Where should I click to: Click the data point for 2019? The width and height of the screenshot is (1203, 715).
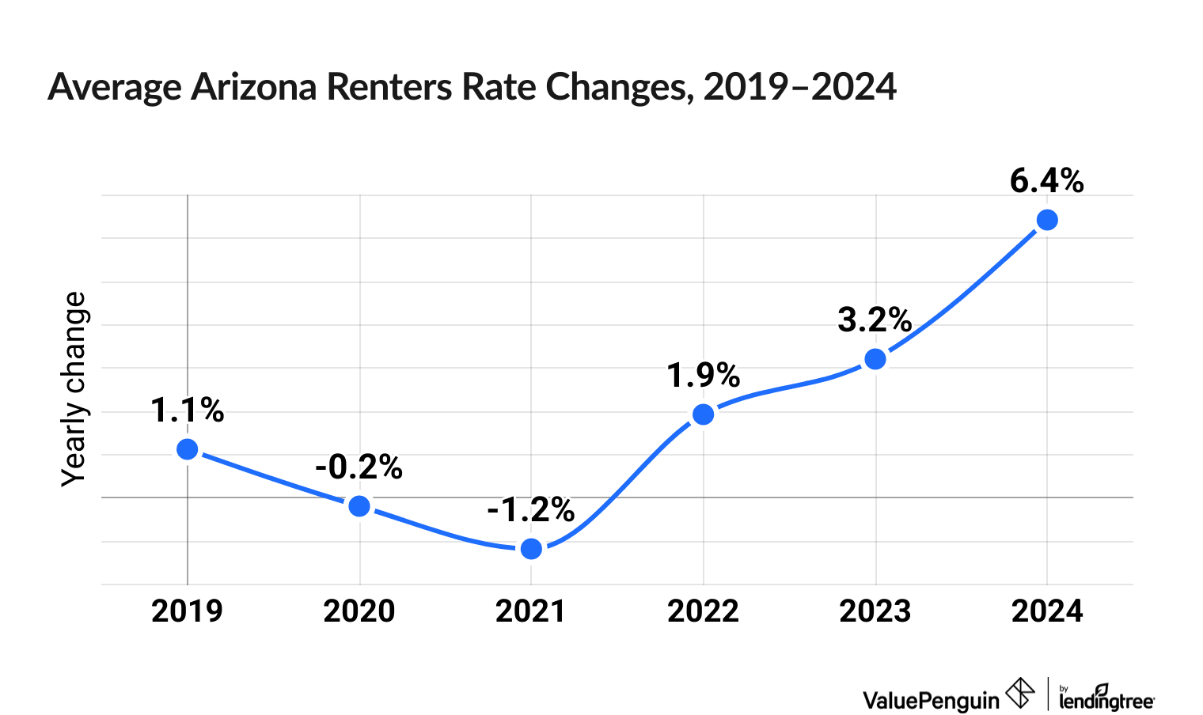[x=188, y=449]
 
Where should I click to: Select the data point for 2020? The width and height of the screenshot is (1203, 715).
[x=359, y=506]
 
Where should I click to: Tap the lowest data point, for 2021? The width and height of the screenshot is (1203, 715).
[x=531, y=549]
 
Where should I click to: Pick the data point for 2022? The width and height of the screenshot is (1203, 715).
[x=703, y=414]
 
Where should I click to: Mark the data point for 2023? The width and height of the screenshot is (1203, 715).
[x=875, y=359]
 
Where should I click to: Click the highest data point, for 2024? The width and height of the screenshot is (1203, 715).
[x=1047, y=220]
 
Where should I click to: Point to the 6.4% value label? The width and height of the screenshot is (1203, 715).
[x=1046, y=181]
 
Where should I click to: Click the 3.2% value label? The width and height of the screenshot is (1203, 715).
[x=875, y=320]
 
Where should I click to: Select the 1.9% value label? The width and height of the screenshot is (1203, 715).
[x=703, y=376]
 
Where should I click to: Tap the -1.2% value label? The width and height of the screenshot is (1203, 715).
[x=530, y=510]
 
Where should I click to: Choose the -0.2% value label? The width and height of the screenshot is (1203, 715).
[x=359, y=467]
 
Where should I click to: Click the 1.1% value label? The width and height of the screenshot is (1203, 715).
[x=188, y=410]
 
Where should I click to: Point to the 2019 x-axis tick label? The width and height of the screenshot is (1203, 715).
[x=188, y=611]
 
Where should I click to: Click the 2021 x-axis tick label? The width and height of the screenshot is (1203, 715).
[x=531, y=611]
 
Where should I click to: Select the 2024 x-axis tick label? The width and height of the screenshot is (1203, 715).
[x=1047, y=611]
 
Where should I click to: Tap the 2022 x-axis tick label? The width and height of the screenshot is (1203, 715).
[x=703, y=611]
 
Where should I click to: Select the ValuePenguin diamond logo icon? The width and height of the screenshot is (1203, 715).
[x=1020, y=694]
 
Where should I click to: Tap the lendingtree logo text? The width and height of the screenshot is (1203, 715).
[x=1106, y=699]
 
